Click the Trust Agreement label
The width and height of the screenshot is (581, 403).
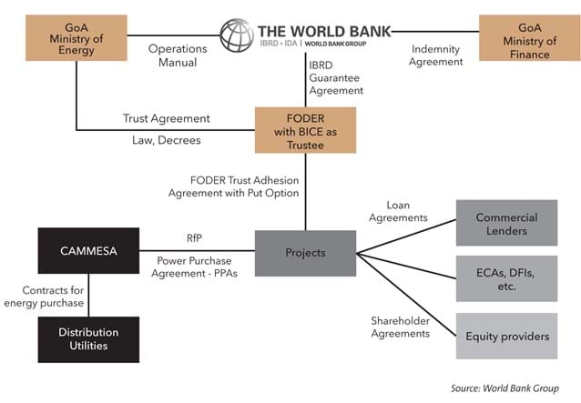[167, 118]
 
